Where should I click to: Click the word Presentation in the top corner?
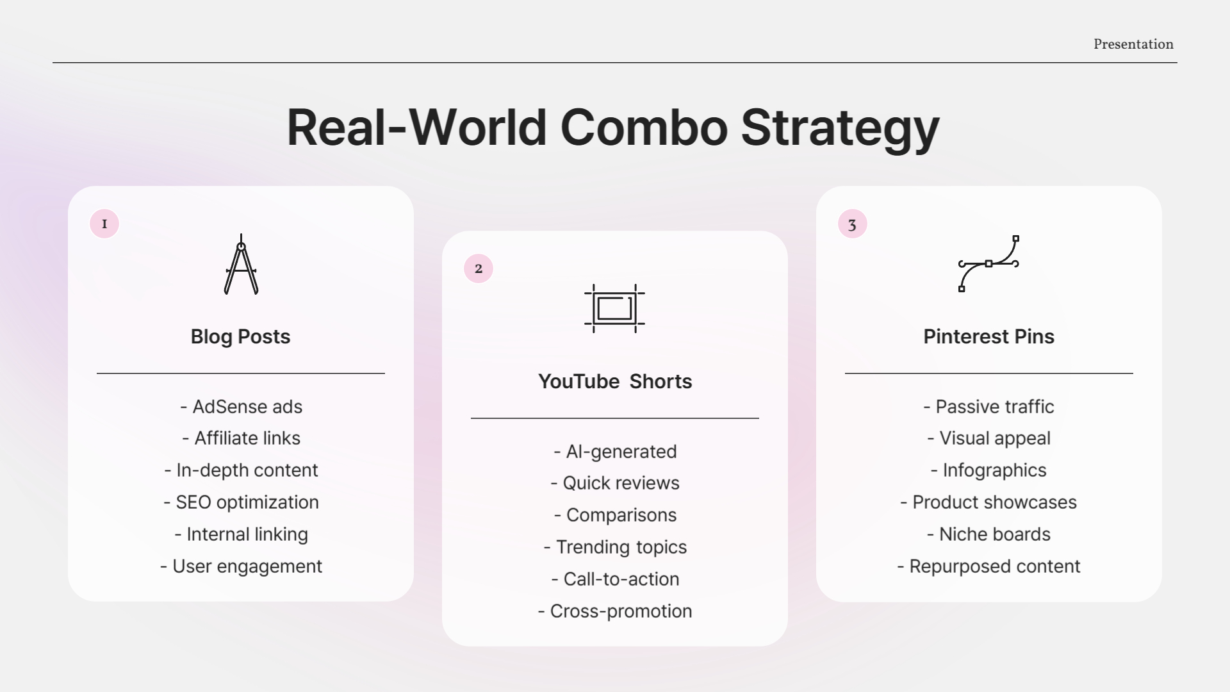tap(1133, 44)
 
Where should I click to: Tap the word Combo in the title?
tap(644, 128)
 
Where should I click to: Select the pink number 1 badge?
tap(104, 224)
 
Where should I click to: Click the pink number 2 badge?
tap(479, 268)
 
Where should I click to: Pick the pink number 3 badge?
tap(852, 224)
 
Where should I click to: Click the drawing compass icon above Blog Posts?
tap(241, 264)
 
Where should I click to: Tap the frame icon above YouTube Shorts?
tap(614, 308)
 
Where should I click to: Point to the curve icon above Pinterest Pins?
tap(988, 263)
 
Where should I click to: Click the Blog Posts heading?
tap(240, 336)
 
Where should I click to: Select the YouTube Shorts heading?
tap(615, 381)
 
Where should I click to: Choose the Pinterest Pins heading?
tap(988, 336)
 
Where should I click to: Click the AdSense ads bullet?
tap(242, 407)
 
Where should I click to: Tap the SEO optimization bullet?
tap(242, 502)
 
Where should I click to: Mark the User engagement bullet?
tap(242, 566)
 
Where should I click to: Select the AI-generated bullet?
tap(615, 452)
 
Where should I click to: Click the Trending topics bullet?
tap(615, 547)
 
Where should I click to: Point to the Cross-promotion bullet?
tap(615, 611)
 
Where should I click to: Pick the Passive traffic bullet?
tap(988, 407)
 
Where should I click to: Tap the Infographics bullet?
tap(988, 470)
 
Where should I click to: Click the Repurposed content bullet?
tap(988, 566)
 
